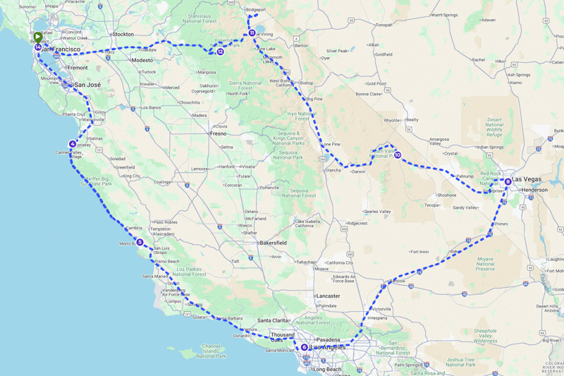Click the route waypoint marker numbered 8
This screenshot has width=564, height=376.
pyautogui.click(x=508, y=181)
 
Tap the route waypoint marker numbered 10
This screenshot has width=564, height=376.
pyautogui.click(x=398, y=155)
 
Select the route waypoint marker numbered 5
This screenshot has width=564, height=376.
pyautogui.click(x=140, y=242)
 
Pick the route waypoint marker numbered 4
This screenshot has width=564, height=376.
pyautogui.click(x=73, y=144)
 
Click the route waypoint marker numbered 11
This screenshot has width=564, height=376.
pyautogui.click(x=252, y=32)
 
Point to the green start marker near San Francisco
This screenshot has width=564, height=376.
pyautogui.click(x=37, y=37)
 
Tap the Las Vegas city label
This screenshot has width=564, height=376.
pyautogui.click(x=527, y=179)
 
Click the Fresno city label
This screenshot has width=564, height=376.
pyautogui.click(x=218, y=133)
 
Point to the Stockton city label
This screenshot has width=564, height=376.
pyautogui.click(x=123, y=34)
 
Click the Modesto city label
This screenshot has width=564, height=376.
pyautogui.click(x=142, y=61)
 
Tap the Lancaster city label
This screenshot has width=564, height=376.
pyautogui.click(x=329, y=296)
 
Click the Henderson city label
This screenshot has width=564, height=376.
pyautogui.click(x=534, y=190)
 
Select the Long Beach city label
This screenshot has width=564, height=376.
pyautogui.click(x=326, y=369)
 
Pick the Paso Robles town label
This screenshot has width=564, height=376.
pyautogui.click(x=165, y=222)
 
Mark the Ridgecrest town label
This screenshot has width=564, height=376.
pyautogui.click(x=357, y=224)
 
